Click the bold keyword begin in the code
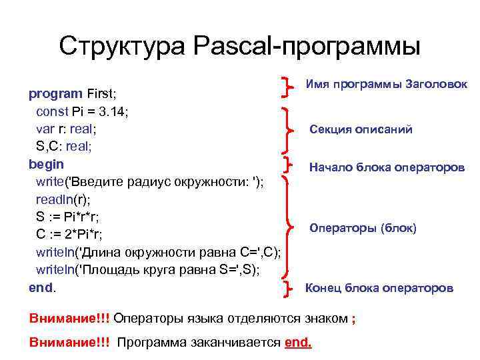click(47, 163)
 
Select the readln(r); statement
click(63, 199)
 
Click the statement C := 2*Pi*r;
click(69, 234)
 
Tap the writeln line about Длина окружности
click(158, 252)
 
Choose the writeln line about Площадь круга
click(147, 269)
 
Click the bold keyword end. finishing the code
click(43, 287)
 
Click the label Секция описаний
click(361, 129)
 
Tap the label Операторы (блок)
click(363, 228)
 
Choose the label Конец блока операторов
click(379, 288)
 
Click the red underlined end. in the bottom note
click(298, 343)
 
